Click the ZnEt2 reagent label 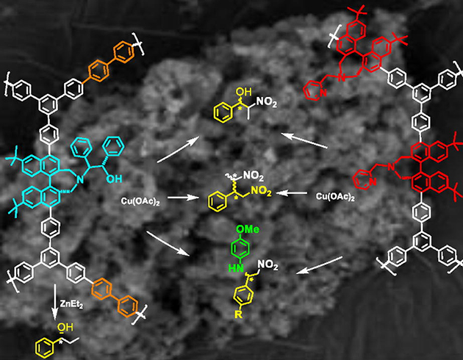click(x=71, y=304)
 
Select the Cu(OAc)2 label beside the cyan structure click(x=140, y=201)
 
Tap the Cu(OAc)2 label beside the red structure click(x=335, y=197)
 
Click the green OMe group click(x=248, y=229)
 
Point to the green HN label click(x=236, y=268)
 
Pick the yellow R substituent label click(x=238, y=314)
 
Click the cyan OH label click(x=114, y=179)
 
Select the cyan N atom click(x=80, y=179)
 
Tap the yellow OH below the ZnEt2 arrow click(x=65, y=327)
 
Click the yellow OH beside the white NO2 click(x=243, y=92)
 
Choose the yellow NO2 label click(x=261, y=192)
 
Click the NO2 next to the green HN click(x=268, y=265)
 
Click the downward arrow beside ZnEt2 click(x=55, y=301)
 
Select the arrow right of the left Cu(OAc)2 click(x=184, y=198)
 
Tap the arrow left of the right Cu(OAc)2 click(x=292, y=193)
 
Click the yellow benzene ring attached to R click(x=243, y=295)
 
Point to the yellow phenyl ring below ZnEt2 click(x=45, y=348)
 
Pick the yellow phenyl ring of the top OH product click(x=223, y=112)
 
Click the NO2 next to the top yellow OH click(x=267, y=102)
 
